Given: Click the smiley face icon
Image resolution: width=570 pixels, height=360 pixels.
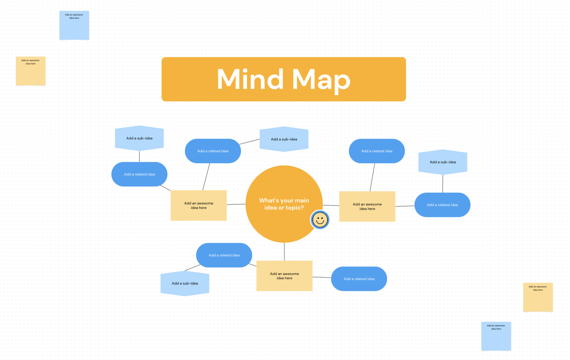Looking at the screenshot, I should [x=320, y=220].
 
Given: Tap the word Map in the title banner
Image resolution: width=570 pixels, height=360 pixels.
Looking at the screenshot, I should [x=321, y=80].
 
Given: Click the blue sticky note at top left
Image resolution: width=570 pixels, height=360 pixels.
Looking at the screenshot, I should [x=74, y=25].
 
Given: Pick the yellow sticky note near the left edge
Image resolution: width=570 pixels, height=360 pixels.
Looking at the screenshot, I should [x=31, y=71].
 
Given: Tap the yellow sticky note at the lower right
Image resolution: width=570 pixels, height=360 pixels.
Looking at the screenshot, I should [x=538, y=297].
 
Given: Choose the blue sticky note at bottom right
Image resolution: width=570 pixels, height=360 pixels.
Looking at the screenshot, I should [x=496, y=336].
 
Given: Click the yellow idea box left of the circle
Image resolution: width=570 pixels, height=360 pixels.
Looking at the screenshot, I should [x=198, y=205].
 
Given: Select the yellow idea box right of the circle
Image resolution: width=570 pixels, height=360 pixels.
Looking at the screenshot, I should [x=367, y=206].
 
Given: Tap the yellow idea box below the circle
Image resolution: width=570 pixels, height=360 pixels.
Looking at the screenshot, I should [x=284, y=276].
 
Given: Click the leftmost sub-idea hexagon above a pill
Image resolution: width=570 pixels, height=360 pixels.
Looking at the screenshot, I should [x=139, y=138].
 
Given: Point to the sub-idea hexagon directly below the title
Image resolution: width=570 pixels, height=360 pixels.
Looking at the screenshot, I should [x=284, y=139].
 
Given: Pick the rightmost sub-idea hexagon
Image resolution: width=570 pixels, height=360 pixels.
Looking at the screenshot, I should [x=443, y=162].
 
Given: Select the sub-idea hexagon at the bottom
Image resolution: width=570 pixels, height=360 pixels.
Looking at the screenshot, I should [x=185, y=283].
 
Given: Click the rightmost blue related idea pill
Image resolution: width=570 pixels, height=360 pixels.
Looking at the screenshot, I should [x=442, y=205].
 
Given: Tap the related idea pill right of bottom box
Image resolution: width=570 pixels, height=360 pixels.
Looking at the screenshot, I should [x=359, y=279].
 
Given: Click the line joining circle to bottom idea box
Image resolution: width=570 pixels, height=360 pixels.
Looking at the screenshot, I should [x=284, y=252].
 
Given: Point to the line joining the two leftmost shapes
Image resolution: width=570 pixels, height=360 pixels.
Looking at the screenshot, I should [x=139, y=156].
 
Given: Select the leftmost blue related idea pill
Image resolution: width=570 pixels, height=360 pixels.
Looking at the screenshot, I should [x=139, y=174].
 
